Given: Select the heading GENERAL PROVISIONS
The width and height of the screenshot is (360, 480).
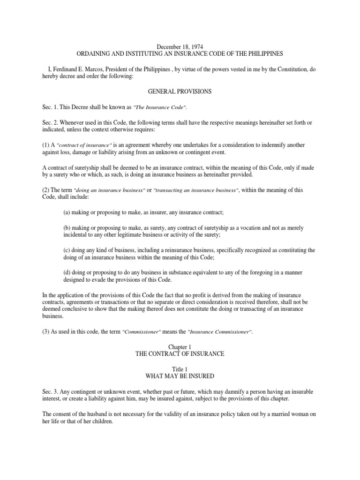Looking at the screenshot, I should [x=180, y=92].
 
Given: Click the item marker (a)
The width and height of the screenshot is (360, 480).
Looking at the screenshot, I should [x=67, y=212].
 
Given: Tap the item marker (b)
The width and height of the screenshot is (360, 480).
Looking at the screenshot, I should [x=67, y=228].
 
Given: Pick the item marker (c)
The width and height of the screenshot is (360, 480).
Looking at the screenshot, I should [x=67, y=250].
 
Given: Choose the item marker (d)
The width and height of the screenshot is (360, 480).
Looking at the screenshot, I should [x=67, y=272].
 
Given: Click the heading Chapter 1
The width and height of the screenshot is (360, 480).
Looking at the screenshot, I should [x=180, y=347].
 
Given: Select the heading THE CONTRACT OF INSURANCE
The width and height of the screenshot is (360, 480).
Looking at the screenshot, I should [x=180, y=354].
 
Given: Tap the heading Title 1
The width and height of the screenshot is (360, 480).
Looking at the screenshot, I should [x=180, y=369].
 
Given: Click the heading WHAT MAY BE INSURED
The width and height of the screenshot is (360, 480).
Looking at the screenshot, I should [x=180, y=376].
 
